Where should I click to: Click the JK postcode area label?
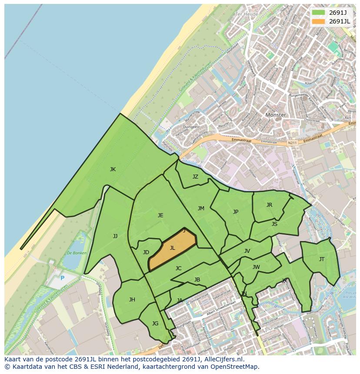(113, 169)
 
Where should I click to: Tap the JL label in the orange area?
(172, 248)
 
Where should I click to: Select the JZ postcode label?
(195, 177)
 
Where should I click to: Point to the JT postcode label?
(322, 259)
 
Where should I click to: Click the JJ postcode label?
(115, 236)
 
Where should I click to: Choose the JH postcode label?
(132, 300)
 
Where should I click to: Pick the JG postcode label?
(155, 324)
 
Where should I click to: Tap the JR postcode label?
(269, 205)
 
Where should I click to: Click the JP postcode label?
(236, 212)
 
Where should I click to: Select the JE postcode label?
(160, 215)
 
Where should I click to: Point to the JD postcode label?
(146, 252)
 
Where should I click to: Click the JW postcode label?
(256, 267)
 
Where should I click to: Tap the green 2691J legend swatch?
(318, 12)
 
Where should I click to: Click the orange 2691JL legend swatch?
(318, 21)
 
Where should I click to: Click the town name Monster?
(276, 115)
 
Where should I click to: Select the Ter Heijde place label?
(247, 14)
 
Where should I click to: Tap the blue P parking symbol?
(62, 278)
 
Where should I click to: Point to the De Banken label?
(77, 253)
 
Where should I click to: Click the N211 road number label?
(293, 142)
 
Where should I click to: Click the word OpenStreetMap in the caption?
(236, 367)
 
